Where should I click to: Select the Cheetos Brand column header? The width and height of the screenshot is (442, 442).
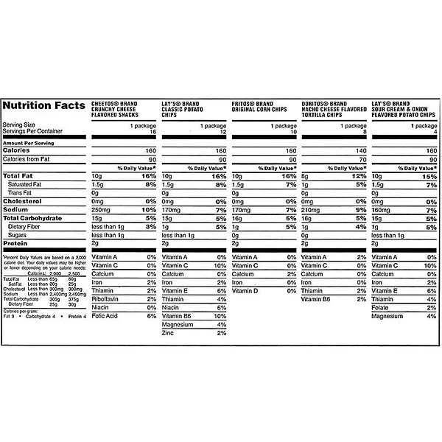click(121, 110)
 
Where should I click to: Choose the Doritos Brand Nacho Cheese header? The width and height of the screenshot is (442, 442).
click(334, 110)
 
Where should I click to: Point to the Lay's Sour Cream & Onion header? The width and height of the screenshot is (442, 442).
click(406, 110)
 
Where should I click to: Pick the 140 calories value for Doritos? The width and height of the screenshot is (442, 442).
click(361, 150)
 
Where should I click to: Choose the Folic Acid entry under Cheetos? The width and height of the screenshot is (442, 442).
click(105, 316)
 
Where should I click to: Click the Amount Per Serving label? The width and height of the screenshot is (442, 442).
click(29, 141)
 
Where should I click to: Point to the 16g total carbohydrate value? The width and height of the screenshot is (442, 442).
click(308, 218)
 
